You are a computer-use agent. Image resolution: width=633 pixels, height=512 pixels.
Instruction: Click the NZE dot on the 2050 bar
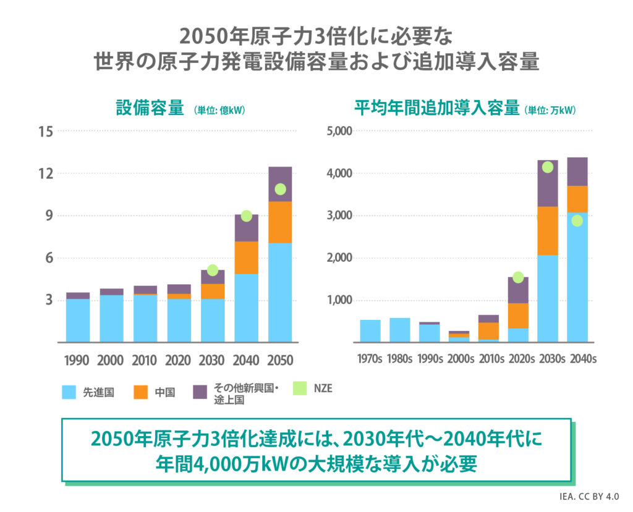coord(280,189)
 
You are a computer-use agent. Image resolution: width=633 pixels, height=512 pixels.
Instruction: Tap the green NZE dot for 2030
coord(213,270)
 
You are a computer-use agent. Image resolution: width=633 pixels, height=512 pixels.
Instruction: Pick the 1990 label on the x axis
coord(77,360)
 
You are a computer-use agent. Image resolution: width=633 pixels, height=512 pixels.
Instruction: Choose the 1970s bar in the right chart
coord(370,330)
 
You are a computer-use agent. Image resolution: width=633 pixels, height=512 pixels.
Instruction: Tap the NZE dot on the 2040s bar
coord(577,220)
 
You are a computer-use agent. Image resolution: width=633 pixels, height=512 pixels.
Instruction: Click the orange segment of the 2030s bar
coord(548,230)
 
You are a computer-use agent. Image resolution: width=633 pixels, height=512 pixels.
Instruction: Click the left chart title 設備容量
coord(150,109)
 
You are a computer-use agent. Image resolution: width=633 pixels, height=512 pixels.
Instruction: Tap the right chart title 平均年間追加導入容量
coord(436,109)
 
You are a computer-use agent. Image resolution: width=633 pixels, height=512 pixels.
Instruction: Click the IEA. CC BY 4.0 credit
coord(590,497)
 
